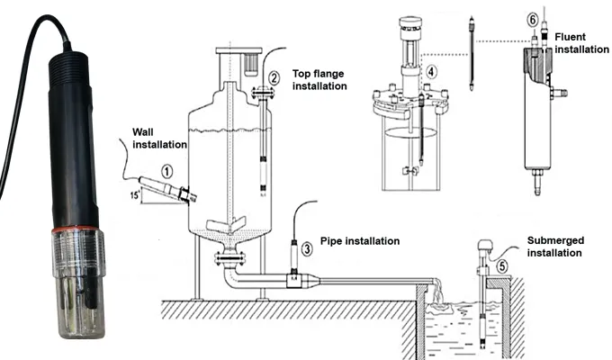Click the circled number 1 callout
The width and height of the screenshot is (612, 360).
[166, 167]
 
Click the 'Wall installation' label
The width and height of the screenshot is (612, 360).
[158, 137]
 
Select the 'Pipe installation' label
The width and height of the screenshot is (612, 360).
[360, 241]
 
